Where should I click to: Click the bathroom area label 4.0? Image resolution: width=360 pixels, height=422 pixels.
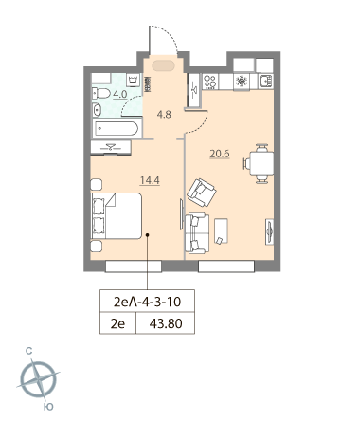pos(120,94)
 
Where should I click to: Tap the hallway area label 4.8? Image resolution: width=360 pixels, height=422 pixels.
pos(164,114)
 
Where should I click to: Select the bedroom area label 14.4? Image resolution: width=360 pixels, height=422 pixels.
pos(150,180)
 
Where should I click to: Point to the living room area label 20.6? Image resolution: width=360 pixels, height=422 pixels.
pos(220,154)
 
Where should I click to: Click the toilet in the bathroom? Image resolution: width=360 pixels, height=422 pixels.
pos(101,93)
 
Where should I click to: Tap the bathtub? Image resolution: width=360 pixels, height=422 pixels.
pos(117,129)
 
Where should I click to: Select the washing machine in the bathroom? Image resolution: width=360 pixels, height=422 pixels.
pos(133,80)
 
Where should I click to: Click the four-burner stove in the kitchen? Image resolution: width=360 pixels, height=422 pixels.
pos(210,82)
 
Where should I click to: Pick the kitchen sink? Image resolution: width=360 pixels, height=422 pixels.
pos(266,81)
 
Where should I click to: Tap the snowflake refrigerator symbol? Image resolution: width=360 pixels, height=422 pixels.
pos(242,82)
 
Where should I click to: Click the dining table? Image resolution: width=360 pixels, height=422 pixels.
pos(261,163)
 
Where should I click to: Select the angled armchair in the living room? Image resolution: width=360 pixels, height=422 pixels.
pos(202,193)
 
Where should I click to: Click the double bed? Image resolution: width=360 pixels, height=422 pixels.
pos(117,215)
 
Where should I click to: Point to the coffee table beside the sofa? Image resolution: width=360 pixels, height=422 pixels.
pos(221,230)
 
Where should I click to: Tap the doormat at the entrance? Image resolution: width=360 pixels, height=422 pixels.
pos(163,66)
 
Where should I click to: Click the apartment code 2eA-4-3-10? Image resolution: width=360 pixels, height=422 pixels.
pos(147,302)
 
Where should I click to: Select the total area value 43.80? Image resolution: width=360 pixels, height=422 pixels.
pos(166,323)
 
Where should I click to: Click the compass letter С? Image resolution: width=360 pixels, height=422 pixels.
pos(28,351)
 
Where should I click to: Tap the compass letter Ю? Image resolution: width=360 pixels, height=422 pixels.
pos(48,407)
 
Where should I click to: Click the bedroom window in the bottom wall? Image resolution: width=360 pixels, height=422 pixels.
pos(134,266)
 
